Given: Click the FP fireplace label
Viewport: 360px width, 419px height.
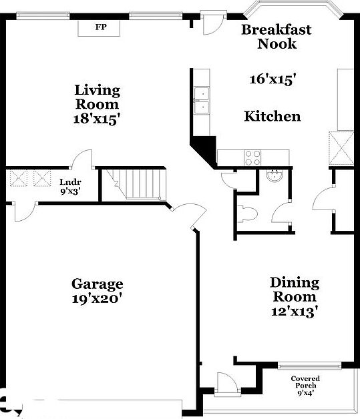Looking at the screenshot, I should point(102,27).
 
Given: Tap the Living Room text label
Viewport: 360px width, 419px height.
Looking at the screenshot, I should point(97,97).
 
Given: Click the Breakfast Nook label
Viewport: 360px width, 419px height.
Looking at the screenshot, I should point(277,37).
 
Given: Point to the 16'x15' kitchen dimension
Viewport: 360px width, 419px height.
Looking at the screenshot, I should point(273,79).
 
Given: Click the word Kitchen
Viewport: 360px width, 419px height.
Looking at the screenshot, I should point(273,116).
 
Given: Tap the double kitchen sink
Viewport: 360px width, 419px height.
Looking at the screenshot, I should point(201,100).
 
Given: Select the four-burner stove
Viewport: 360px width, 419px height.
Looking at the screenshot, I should point(253,157).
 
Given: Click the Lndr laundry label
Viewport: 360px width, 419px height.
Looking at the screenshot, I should point(70,181).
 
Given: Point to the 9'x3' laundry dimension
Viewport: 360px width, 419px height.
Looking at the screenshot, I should point(70,191).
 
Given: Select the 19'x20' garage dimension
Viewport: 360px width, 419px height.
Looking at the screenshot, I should point(98,299).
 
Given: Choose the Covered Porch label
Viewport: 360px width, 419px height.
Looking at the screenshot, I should point(305,382).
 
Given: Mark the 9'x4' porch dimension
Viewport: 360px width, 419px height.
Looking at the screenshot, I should point(305,394).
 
